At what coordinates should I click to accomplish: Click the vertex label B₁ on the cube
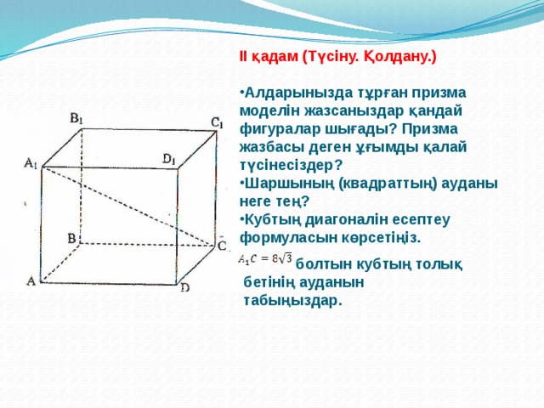[76, 118]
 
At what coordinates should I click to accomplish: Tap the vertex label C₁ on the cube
[217, 123]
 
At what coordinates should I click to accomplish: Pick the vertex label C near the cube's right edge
[221, 246]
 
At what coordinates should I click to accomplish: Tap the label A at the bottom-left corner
[31, 280]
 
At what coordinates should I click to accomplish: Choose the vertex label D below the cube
[184, 287]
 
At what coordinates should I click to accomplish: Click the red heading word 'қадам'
[275, 57]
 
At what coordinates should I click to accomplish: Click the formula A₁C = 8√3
[265, 258]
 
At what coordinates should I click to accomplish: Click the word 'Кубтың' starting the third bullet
[270, 218]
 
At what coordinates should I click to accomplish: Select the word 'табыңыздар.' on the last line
[293, 300]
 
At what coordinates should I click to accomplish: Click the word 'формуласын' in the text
[281, 236]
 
